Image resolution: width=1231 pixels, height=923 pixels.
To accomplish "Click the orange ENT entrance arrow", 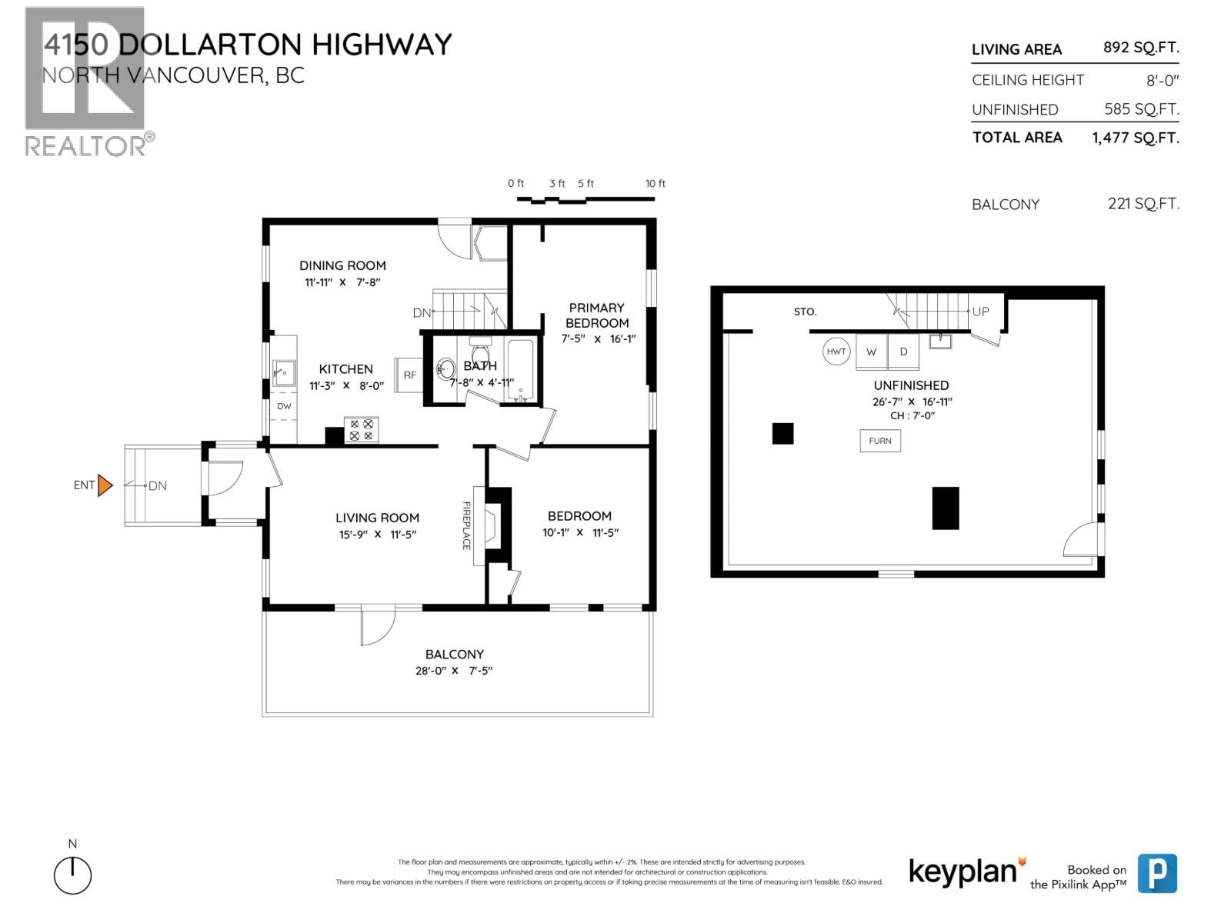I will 105,485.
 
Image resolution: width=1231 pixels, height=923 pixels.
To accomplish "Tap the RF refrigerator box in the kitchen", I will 409,375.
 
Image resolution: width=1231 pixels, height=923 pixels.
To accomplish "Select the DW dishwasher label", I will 284,406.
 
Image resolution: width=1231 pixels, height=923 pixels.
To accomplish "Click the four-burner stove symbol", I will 361,429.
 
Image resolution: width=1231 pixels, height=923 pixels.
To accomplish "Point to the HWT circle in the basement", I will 836,352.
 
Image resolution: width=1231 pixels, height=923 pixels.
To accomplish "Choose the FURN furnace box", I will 880,441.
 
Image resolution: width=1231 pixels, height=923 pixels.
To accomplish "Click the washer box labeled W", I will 872,352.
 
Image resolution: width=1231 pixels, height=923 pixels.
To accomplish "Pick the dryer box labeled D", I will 903,352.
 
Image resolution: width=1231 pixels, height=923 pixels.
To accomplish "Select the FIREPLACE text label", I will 466,525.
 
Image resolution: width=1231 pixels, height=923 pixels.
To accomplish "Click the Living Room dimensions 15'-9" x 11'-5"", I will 377,535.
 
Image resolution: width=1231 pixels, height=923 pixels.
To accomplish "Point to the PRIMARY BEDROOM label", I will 597,315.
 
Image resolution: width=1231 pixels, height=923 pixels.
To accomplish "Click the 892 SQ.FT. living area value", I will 1140,48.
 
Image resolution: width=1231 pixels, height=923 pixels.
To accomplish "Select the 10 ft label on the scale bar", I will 656,184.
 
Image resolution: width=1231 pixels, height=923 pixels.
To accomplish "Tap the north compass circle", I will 72,876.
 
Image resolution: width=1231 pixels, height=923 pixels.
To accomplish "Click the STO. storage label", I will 805,312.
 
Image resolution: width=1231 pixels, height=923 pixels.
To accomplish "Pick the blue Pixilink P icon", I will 1157,873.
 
